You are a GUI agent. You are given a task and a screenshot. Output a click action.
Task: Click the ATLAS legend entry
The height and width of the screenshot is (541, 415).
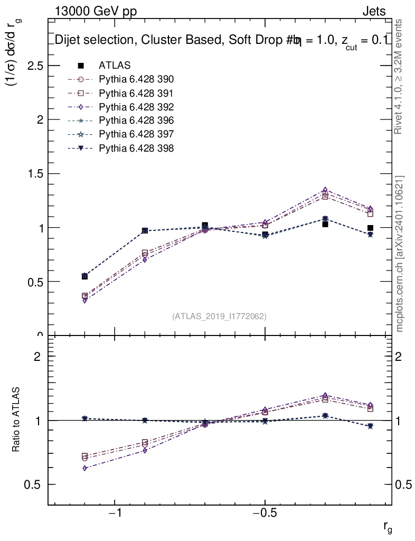click(115, 66)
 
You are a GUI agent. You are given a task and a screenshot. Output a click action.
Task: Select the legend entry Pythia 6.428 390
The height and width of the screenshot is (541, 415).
click(136, 79)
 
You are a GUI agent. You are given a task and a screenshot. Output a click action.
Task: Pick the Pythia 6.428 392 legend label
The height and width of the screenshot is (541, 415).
click(136, 107)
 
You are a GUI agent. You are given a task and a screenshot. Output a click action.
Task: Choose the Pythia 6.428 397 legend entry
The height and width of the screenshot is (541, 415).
click(136, 134)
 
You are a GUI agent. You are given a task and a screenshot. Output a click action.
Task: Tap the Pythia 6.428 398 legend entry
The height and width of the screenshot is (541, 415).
click(136, 148)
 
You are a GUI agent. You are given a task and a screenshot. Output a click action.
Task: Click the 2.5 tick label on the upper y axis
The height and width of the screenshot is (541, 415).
click(33, 66)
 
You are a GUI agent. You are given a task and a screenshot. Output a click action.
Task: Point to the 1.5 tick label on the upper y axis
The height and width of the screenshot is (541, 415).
click(33, 174)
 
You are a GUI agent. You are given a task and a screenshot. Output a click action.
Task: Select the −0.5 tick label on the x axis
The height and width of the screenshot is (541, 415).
click(265, 514)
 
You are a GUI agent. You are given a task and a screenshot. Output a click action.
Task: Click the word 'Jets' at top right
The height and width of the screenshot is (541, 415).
click(373, 12)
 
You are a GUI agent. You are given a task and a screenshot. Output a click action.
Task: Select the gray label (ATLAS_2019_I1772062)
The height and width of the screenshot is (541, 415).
click(219, 316)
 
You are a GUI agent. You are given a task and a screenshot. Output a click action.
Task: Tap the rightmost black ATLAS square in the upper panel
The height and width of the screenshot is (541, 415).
click(371, 228)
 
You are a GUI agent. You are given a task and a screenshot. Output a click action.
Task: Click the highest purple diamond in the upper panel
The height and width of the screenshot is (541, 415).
click(325, 190)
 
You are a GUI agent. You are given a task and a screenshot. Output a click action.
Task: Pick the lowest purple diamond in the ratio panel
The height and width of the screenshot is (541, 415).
click(84, 468)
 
